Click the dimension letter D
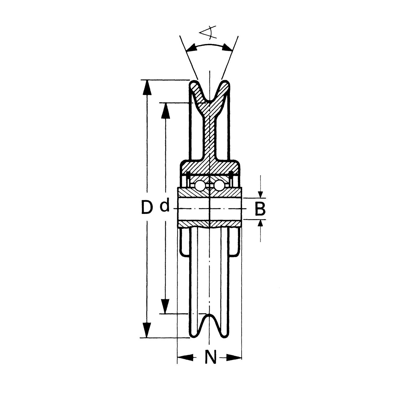pos(147,207)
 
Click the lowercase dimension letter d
pos(165,206)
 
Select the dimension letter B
pos(260,209)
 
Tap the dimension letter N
pos(211,358)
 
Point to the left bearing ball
pos(200,186)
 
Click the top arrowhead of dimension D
pos(147,88)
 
